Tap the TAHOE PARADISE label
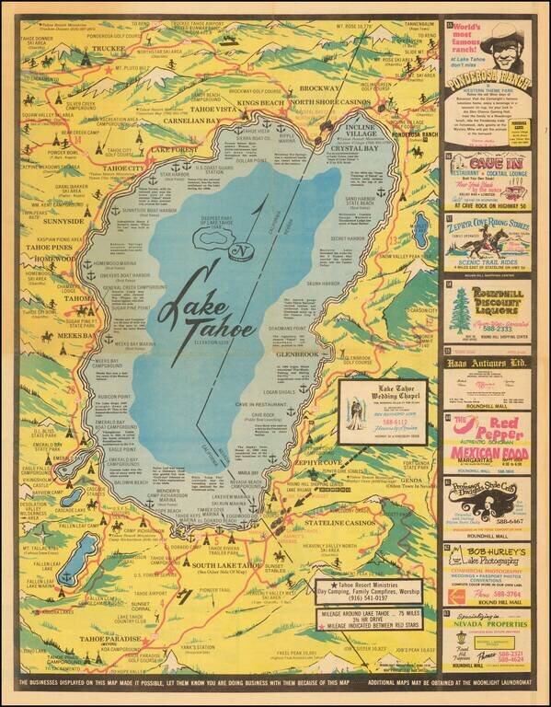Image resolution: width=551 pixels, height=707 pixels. click(109, 638)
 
